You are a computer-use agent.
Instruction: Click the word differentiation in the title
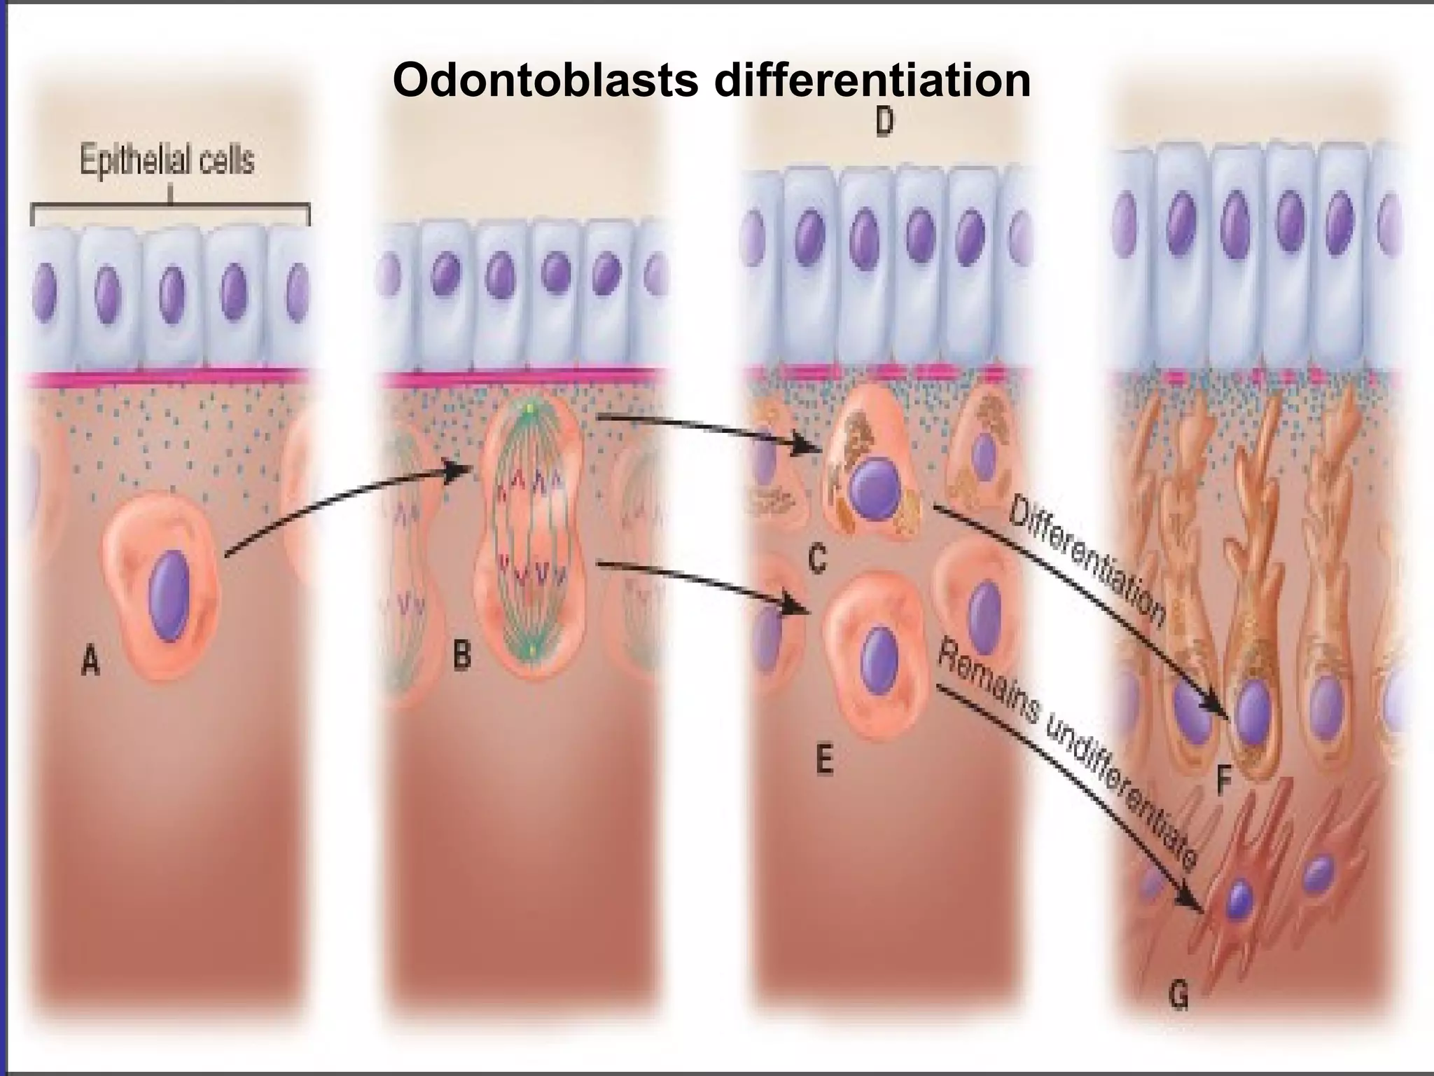(x=872, y=81)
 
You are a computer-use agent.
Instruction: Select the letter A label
(x=90, y=661)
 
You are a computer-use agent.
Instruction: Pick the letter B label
(x=461, y=656)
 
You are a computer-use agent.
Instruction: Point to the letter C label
(x=816, y=558)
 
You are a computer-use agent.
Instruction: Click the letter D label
(x=884, y=123)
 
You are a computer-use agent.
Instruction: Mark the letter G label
(x=1179, y=995)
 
